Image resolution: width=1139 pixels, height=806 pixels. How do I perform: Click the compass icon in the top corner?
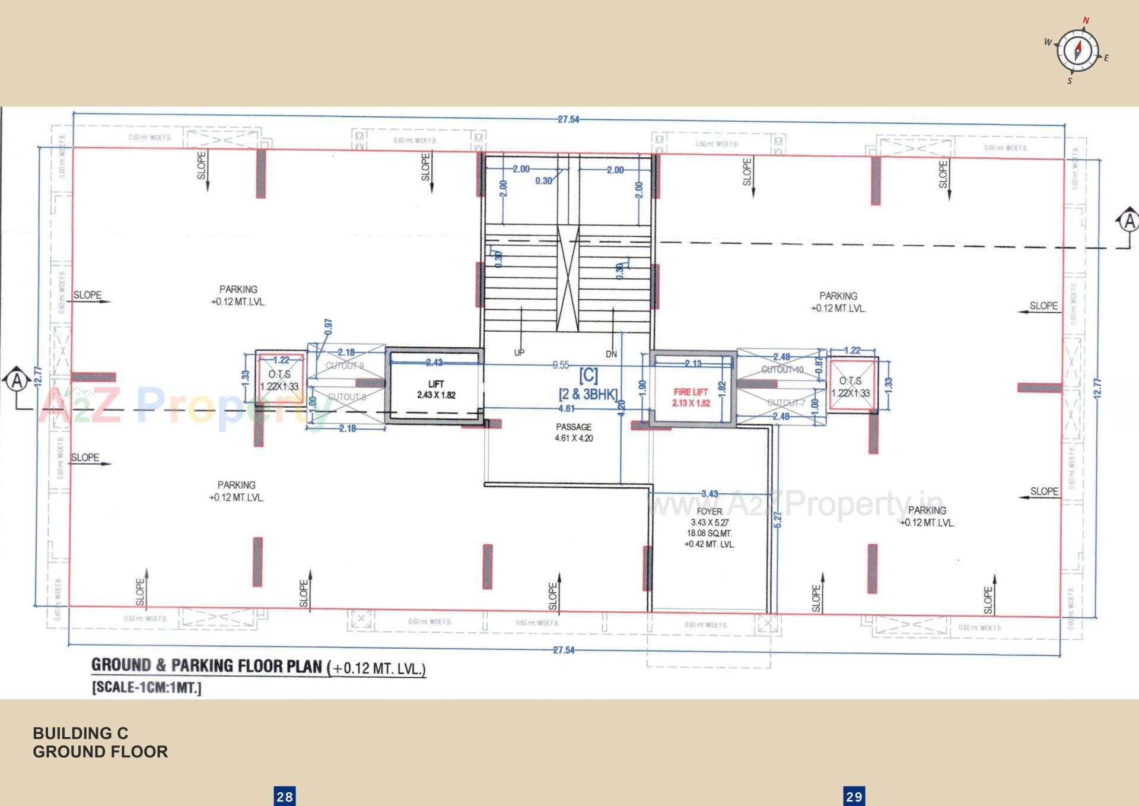point(1077,50)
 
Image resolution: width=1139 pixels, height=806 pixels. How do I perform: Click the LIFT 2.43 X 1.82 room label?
point(436,389)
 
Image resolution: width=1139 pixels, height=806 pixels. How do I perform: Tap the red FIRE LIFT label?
point(691,397)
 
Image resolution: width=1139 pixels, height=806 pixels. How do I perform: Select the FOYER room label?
point(710,512)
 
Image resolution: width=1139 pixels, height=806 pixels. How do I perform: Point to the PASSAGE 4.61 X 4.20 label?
point(574,432)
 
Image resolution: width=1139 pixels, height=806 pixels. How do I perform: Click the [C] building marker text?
point(588,375)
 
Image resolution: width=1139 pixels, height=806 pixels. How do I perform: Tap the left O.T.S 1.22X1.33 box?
point(280,380)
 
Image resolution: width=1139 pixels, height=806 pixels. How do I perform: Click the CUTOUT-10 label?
point(782,370)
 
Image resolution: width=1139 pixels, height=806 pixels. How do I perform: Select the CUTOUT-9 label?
point(345,366)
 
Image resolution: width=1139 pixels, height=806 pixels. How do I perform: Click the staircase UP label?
point(519,353)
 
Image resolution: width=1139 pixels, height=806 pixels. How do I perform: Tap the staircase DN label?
point(611,354)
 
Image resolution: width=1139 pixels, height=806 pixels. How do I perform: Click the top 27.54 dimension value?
point(568,119)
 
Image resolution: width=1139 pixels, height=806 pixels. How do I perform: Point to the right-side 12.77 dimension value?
point(1097,389)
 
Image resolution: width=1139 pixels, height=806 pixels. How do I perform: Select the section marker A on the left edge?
point(17,380)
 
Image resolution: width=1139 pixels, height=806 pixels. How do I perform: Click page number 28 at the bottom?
point(285,797)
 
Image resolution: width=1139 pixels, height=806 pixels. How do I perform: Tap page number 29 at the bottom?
point(854,797)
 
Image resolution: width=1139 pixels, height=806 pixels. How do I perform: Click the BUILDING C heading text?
point(80,734)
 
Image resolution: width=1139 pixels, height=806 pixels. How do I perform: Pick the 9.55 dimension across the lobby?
point(561,365)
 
